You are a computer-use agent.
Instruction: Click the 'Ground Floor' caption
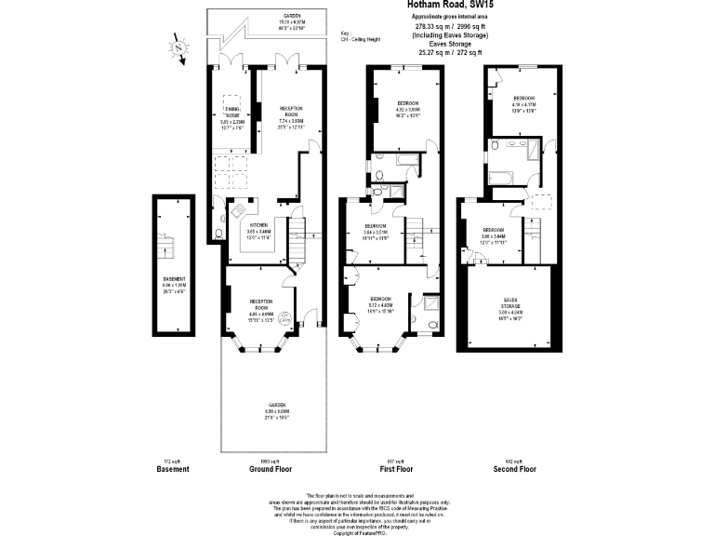tap(271, 469)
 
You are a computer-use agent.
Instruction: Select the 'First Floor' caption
tap(396, 469)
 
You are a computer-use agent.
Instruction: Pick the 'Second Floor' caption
tap(514, 469)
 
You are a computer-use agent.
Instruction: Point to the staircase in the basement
tap(168, 246)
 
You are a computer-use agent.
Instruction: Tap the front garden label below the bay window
tap(272, 409)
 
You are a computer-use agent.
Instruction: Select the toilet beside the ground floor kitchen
tap(217, 234)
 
